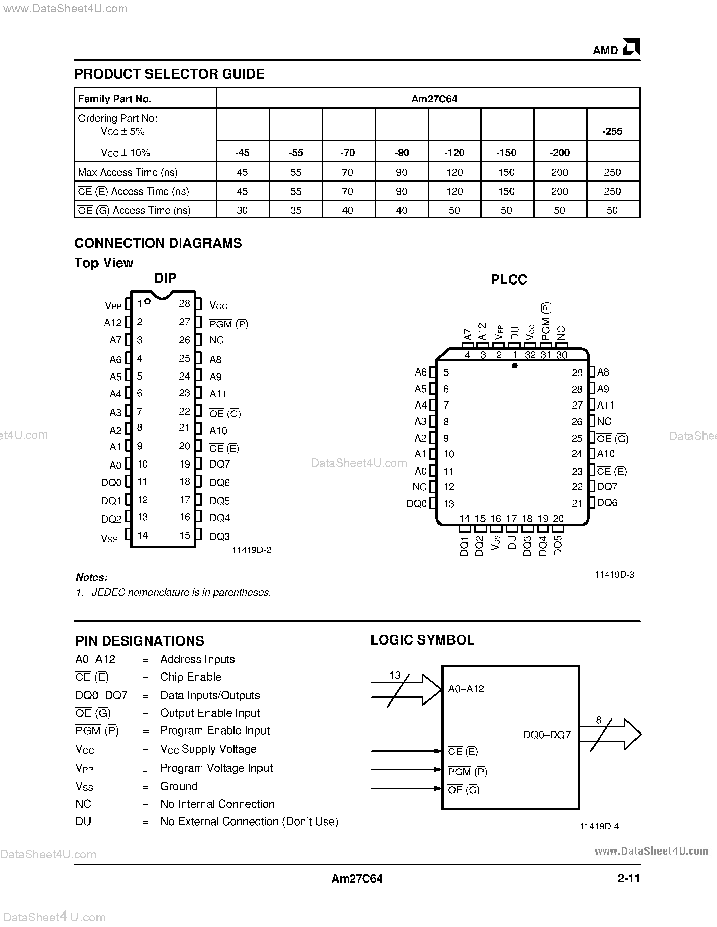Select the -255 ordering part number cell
coord(612,131)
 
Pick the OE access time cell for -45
coord(242,210)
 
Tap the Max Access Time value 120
coord(454,172)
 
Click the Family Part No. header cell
coord(115,99)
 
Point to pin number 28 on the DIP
coord(184,303)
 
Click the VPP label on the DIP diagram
coord(113,305)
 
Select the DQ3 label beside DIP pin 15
coord(220,537)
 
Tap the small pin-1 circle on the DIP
coord(147,301)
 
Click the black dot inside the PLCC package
coord(515,365)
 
